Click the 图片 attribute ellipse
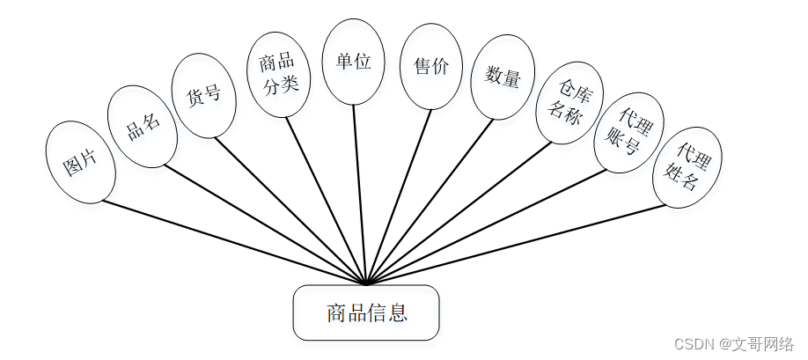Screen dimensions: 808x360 80,164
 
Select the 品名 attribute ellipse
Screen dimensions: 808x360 143,126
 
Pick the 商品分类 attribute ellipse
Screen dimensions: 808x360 278,74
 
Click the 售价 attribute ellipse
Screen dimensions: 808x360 430,67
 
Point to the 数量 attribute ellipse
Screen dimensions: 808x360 503,77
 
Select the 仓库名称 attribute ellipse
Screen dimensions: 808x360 568,101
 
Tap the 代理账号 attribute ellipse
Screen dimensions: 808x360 628,131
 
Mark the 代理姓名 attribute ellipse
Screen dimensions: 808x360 687,167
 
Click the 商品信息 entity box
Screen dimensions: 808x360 365,312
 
